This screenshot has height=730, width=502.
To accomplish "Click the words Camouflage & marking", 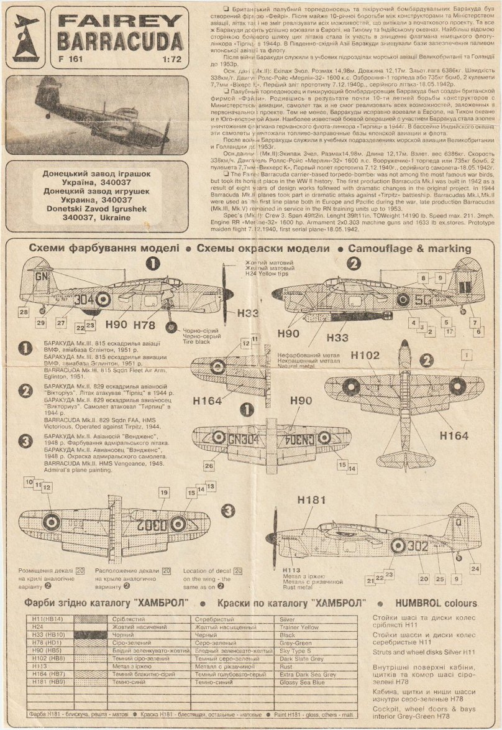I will click(x=409, y=247).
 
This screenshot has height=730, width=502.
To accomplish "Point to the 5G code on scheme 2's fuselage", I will click(x=424, y=300).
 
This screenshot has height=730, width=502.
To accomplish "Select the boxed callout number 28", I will click(x=24, y=312).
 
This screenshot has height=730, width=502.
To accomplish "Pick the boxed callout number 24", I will click(x=475, y=568).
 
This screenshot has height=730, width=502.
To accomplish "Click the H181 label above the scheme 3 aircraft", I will click(x=311, y=500).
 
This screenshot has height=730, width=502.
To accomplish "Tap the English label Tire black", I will click(x=194, y=342).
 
